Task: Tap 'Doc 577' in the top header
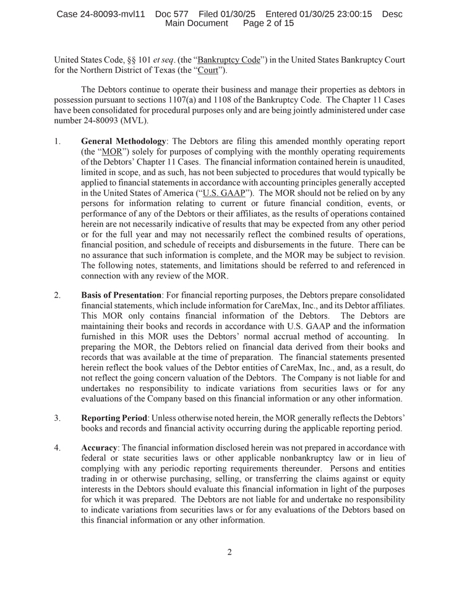[x=172, y=14]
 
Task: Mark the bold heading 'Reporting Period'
[x=114, y=401]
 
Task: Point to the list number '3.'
[x=58, y=401]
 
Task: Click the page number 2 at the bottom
[x=229, y=552]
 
